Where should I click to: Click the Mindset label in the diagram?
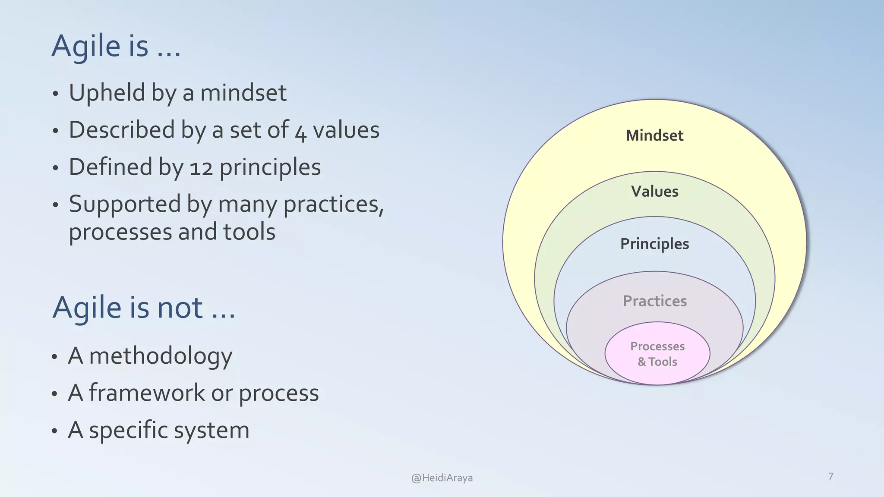click(x=654, y=135)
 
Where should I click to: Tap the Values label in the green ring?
click(x=654, y=191)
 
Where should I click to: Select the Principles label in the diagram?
click(x=654, y=244)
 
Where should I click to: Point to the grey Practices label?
click(x=654, y=301)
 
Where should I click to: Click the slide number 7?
click(x=830, y=476)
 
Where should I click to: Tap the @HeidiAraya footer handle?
click(x=442, y=478)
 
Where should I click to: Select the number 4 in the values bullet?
click(x=301, y=132)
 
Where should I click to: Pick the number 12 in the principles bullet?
click(x=202, y=168)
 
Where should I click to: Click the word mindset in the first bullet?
click(x=243, y=93)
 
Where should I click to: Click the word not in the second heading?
click(x=180, y=308)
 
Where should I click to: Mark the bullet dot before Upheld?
click(x=55, y=94)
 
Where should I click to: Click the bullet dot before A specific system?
click(x=54, y=431)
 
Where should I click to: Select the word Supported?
click(x=125, y=204)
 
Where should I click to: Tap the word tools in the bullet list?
click(x=249, y=232)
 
